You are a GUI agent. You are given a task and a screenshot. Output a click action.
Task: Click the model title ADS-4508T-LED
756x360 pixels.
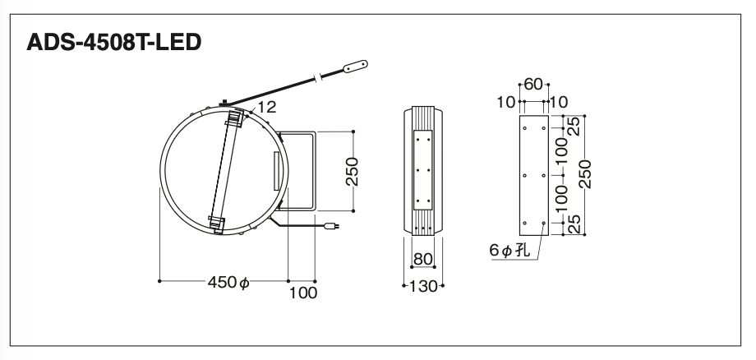[x=113, y=43]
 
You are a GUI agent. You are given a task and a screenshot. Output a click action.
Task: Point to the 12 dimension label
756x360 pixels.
[x=266, y=107]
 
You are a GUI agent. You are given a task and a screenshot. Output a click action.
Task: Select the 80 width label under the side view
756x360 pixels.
[x=422, y=259]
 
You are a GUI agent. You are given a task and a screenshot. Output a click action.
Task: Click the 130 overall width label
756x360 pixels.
[x=423, y=286]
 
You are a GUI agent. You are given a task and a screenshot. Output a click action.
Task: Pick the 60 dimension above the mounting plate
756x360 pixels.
[x=533, y=85]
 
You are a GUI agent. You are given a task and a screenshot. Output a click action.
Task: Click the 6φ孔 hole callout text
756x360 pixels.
[x=509, y=251]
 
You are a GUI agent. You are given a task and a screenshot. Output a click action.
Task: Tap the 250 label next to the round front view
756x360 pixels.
[x=353, y=171]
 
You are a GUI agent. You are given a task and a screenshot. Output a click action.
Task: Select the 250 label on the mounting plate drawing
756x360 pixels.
[x=585, y=174]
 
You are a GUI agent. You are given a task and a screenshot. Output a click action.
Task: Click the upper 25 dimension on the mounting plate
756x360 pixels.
[x=574, y=127]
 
